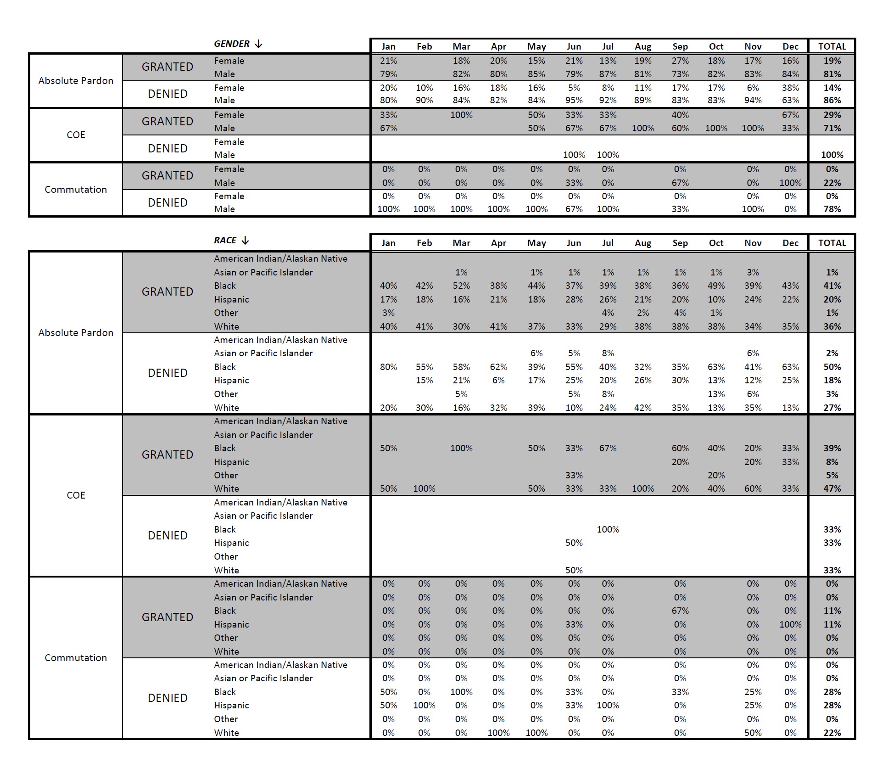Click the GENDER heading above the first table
pyautogui.click(x=231, y=44)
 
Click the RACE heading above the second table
pyautogui.click(x=225, y=241)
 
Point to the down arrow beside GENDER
pyautogui.click(x=259, y=44)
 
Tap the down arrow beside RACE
pyautogui.click(x=246, y=241)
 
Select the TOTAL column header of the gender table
pyautogui.click(x=832, y=46)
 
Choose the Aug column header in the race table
pyautogui.click(x=642, y=243)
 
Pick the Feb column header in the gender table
pyautogui.click(x=424, y=46)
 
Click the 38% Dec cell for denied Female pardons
pyautogui.click(x=790, y=88)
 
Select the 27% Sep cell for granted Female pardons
pyautogui.click(x=680, y=61)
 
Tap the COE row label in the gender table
pyautogui.click(x=76, y=135)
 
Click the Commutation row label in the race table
pyautogui.click(x=76, y=657)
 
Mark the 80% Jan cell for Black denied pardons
pyautogui.click(x=388, y=367)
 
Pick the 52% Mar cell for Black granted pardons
pyautogui.click(x=461, y=286)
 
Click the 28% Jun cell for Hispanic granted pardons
pyautogui.click(x=574, y=299)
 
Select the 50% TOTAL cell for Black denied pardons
pyautogui.click(x=832, y=367)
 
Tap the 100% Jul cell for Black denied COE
pyautogui.click(x=608, y=529)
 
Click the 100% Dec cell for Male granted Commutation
pyautogui.click(x=790, y=183)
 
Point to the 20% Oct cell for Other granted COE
pyautogui.click(x=716, y=475)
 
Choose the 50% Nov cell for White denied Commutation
pyautogui.click(x=753, y=733)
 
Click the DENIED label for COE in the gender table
pyautogui.click(x=168, y=149)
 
